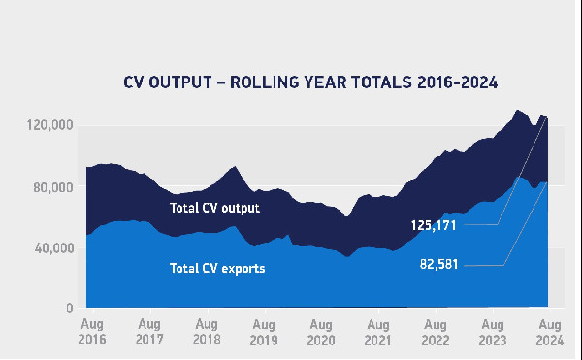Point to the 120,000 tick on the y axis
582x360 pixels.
(49, 126)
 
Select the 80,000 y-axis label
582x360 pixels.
(52, 187)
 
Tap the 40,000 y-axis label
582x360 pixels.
(52, 248)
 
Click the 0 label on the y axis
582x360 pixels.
(70, 309)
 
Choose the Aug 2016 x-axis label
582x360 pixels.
(92, 331)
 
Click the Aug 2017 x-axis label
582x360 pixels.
(149, 331)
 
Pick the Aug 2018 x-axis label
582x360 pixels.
(206, 331)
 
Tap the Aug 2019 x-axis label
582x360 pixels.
(263, 331)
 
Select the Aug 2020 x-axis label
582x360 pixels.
(320, 331)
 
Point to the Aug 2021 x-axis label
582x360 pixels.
(377, 331)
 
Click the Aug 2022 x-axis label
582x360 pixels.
(435, 331)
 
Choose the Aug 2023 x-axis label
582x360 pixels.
(492, 331)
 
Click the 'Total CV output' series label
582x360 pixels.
(215, 207)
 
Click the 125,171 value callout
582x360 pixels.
(433, 224)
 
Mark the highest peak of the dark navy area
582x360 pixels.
(519, 110)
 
